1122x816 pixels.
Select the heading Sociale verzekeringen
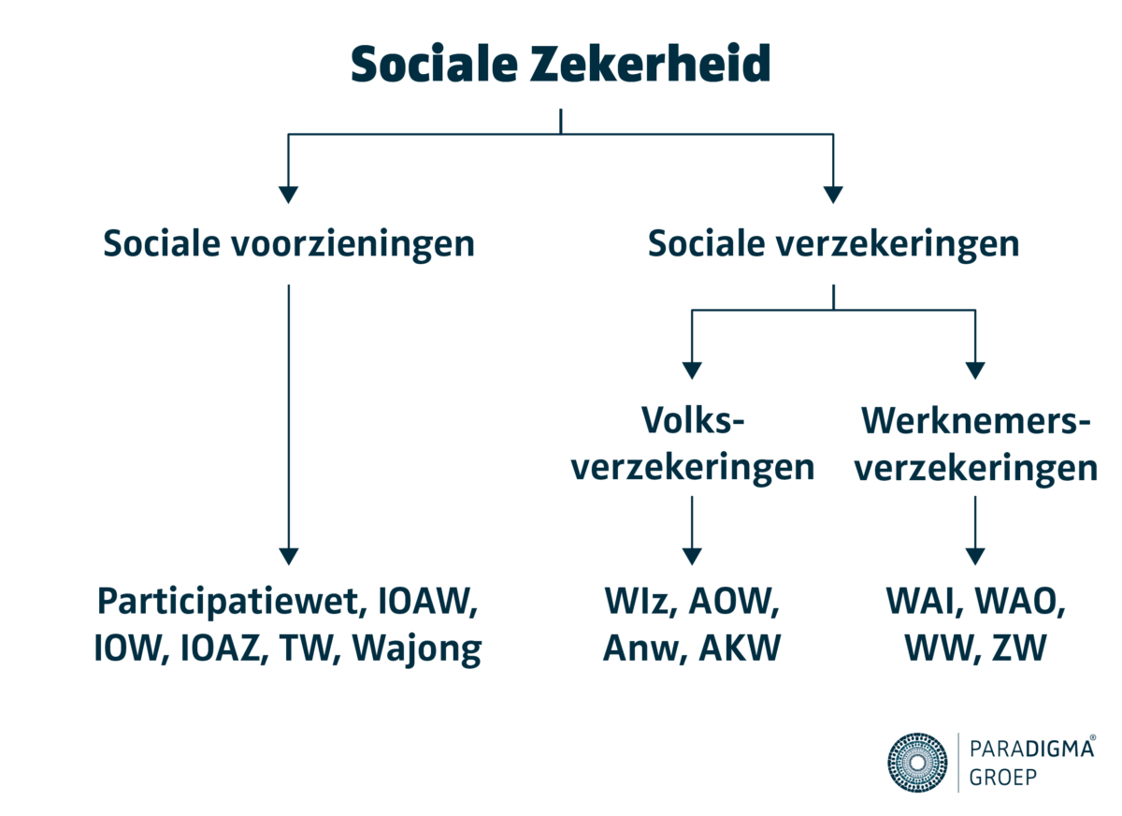pyautogui.click(x=833, y=244)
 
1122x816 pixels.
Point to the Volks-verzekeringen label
pyautogui.click(x=692, y=445)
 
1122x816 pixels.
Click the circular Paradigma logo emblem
pyautogui.click(x=917, y=763)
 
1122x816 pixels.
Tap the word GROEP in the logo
pyautogui.click(x=1005, y=778)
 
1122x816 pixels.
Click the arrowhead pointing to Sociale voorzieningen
pyautogui.click(x=289, y=195)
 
